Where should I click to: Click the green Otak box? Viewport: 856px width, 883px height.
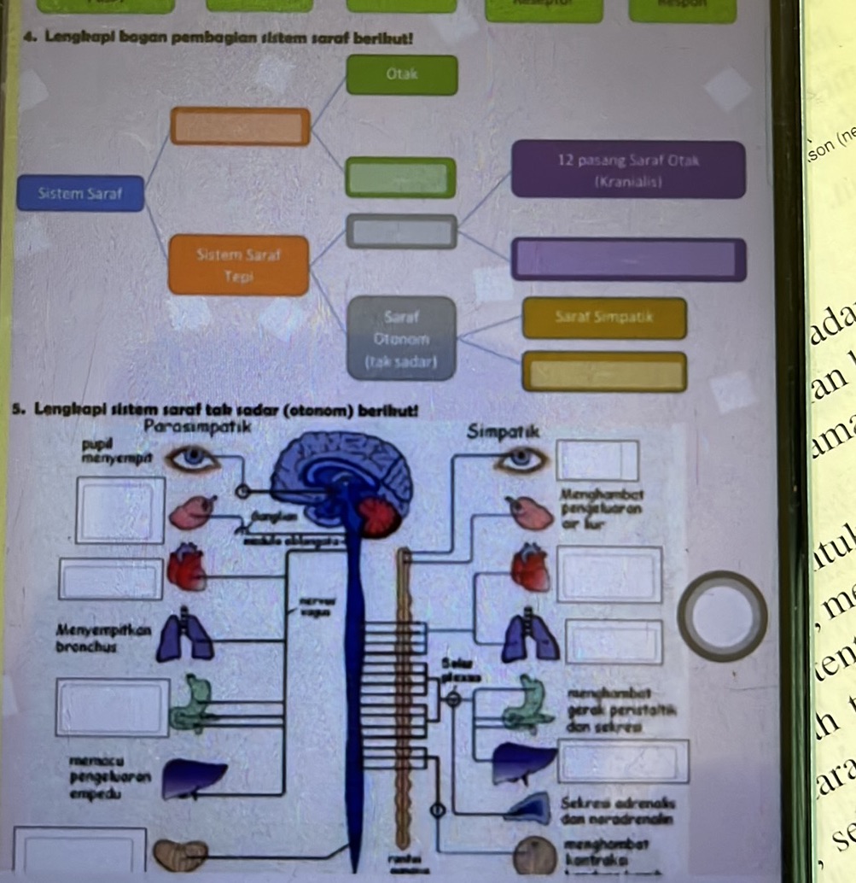click(401, 74)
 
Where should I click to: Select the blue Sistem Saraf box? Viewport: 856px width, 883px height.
click(80, 193)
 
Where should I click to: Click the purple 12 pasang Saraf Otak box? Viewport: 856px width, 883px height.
click(628, 170)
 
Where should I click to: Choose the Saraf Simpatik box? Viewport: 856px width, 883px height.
click(604, 318)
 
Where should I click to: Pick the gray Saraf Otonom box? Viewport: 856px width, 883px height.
click(400, 336)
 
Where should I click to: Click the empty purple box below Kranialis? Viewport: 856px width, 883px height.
click(628, 259)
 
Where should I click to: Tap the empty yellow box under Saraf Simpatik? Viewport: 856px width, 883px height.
click(604, 371)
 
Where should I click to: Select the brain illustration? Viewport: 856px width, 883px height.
click(341, 478)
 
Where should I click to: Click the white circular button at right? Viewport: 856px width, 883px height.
click(722, 616)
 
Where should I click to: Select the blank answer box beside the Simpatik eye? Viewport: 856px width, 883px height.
click(597, 459)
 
